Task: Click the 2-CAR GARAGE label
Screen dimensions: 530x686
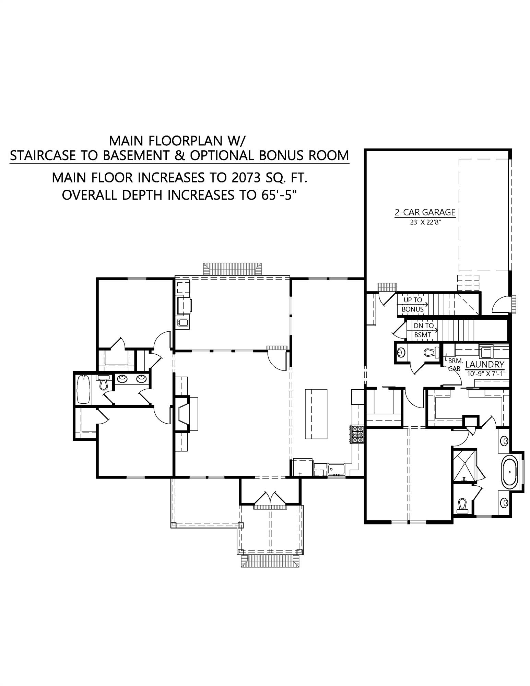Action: [x=425, y=212]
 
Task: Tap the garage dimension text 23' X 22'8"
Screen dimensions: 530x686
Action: [x=425, y=222]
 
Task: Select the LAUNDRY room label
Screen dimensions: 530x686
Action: [x=485, y=365]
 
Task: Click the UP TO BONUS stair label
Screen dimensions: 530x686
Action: [x=413, y=305]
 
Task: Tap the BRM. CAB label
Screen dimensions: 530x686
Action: [x=455, y=365]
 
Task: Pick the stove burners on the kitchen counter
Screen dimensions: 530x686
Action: [x=357, y=435]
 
